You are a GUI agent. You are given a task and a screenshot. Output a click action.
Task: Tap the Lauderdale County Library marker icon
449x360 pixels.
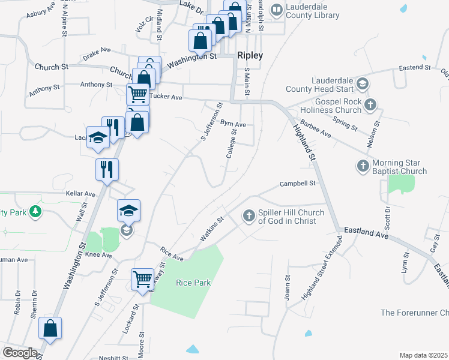[x=276, y=10]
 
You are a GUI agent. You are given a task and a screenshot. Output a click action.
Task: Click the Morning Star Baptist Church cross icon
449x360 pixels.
[x=363, y=166]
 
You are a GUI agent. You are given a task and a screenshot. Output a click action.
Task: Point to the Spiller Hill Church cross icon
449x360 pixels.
[x=249, y=215]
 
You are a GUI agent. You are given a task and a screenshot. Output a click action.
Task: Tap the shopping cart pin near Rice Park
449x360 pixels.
[x=143, y=278]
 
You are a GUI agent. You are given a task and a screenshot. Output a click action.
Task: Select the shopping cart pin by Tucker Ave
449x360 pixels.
[x=138, y=94]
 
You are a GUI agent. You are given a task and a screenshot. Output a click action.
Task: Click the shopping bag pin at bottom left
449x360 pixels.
[x=50, y=328]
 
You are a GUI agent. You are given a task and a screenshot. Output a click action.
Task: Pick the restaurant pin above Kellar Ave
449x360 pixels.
[x=107, y=169]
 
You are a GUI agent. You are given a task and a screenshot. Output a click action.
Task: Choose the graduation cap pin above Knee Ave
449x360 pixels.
[x=128, y=211]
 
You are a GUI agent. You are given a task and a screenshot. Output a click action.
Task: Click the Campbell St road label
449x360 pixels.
[x=298, y=184]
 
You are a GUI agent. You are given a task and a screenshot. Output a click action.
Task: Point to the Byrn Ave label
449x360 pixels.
[x=233, y=124]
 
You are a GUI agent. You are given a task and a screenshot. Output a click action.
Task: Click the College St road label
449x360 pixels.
[x=232, y=148]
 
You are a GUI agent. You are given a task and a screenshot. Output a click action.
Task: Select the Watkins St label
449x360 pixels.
[x=211, y=230]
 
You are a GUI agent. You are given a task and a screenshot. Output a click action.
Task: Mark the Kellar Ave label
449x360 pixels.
[x=82, y=194]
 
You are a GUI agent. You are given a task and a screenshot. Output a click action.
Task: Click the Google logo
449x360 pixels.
[x=20, y=353]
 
